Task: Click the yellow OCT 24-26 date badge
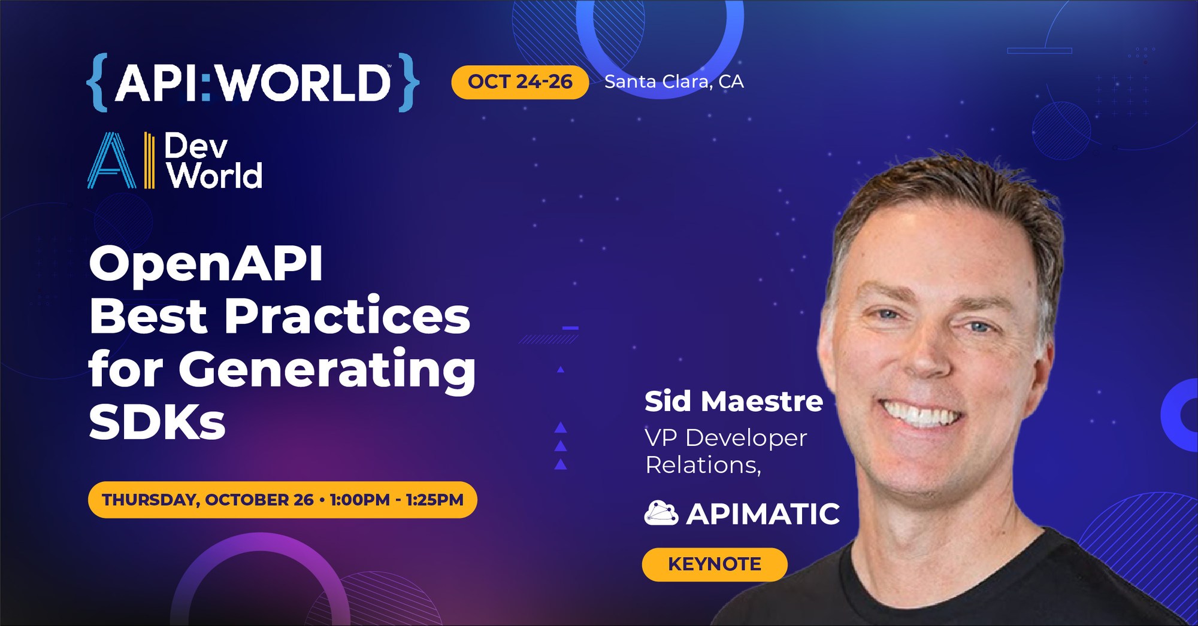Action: (x=520, y=82)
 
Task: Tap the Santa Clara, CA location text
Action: (x=674, y=81)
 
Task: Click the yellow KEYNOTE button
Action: (x=715, y=564)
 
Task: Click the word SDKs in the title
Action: (x=157, y=423)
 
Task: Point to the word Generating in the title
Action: (x=327, y=370)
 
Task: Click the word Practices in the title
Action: (x=347, y=315)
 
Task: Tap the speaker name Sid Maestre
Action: (x=734, y=401)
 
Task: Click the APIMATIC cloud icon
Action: (x=661, y=513)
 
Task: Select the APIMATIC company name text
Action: (x=763, y=513)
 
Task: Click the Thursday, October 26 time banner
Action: (x=283, y=500)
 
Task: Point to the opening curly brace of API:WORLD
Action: (x=97, y=82)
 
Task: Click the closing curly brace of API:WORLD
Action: (x=409, y=82)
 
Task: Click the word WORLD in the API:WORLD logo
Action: (x=304, y=83)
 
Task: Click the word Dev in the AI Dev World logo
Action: (x=196, y=146)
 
